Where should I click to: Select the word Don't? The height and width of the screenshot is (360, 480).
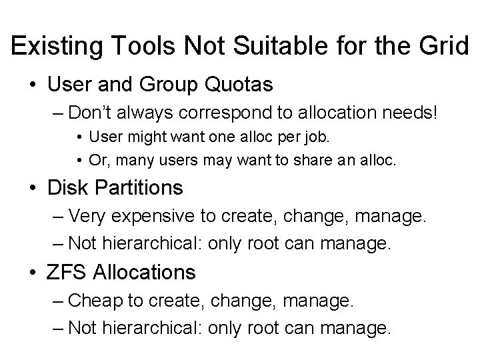click(x=90, y=111)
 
